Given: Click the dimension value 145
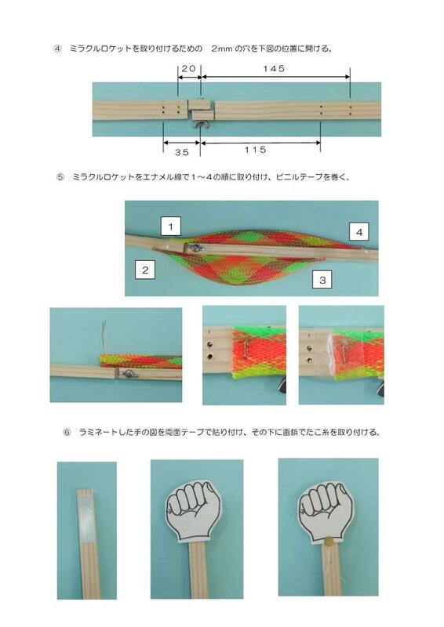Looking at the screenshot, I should point(275,69).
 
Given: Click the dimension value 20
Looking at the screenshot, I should point(188,69).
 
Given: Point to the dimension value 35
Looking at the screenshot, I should point(182,153).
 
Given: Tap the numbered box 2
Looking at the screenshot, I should point(146,270).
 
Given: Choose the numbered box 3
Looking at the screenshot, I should point(322,277).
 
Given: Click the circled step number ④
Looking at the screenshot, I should point(57,48).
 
